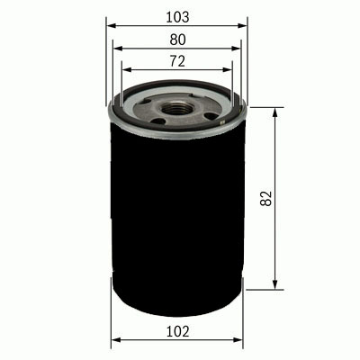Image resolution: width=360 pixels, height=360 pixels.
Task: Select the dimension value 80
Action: pyautogui.click(x=176, y=40)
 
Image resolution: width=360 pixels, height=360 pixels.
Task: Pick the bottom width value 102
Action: pyautogui.click(x=178, y=332)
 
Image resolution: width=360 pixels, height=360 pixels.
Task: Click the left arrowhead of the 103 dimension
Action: pyautogui.click(x=112, y=27)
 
